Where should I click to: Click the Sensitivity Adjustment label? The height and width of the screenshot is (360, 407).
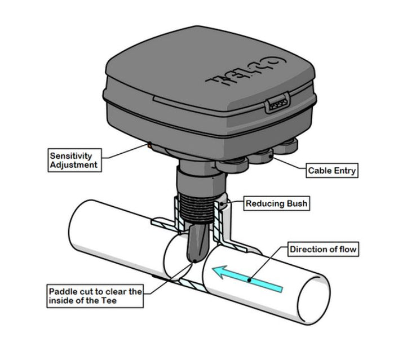point(74,160)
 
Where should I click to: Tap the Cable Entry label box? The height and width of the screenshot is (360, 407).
point(331,170)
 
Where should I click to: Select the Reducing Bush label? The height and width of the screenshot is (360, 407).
point(276,203)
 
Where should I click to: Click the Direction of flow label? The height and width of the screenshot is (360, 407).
point(323,249)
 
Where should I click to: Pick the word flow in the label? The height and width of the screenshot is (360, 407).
point(345,249)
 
